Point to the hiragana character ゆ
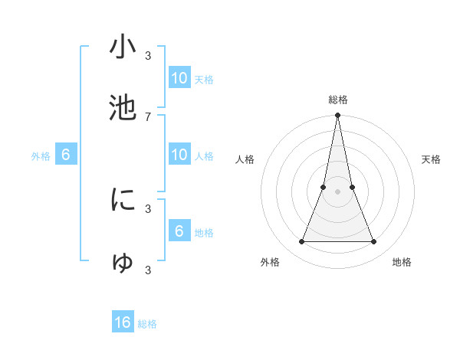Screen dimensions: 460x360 123,263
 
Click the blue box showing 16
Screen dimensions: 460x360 123,322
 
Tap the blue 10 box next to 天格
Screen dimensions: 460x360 179,77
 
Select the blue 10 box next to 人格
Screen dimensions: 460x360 179,155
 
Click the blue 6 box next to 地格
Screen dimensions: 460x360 179,231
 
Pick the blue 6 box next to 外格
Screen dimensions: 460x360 66,155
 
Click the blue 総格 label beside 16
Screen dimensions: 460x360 147,324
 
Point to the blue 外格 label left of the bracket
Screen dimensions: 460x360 41,156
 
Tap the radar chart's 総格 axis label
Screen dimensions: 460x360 338,100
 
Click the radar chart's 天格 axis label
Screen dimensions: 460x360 432,159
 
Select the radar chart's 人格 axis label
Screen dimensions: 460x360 245,159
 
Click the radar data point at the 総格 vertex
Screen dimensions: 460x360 338,116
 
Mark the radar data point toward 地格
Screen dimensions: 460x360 374,242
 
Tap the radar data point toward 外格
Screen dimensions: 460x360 301,242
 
